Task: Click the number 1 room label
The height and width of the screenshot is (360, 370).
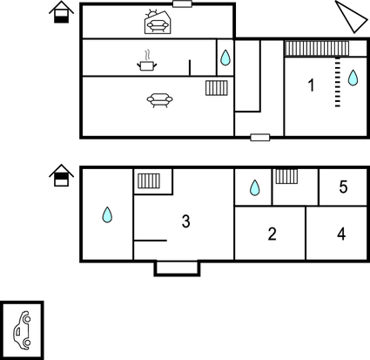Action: click(x=311, y=85)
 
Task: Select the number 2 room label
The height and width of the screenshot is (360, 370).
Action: click(x=272, y=234)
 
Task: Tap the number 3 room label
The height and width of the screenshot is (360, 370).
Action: click(x=185, y=221)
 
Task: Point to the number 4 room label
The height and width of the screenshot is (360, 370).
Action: click(x=341, y=234)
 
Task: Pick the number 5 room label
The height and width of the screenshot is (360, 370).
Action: click(x=343, y=187)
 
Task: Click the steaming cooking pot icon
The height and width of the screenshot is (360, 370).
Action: click(x=147, y=61)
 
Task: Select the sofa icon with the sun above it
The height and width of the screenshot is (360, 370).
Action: click(x=157, y=22)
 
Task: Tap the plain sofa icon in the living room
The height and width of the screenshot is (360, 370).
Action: click(x=159, y=100)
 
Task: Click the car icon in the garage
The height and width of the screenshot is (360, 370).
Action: click(x=22, y=330)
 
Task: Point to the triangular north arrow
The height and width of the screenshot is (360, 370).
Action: click(x=353, y=17)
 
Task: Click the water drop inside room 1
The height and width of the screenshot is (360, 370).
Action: click(x=353, y=78)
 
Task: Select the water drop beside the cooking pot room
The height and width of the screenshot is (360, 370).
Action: click(x=225, y=58)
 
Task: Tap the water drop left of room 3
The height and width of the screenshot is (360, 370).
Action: click(x=107, y=214)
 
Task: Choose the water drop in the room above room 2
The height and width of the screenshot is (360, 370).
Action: click(x=254, y=187)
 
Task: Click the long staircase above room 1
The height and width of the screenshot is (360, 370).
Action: click(x=317, y=48)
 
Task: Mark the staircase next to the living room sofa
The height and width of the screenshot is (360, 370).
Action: click(x=217, y=88)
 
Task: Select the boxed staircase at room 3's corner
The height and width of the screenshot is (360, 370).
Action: click(x=149, y=181)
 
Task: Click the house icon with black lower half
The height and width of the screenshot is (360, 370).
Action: click(x=61, y=11)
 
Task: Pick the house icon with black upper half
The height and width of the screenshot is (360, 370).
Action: click(x=61, y=175)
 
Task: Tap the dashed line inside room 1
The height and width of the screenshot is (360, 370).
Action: click(x=338, y=82)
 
